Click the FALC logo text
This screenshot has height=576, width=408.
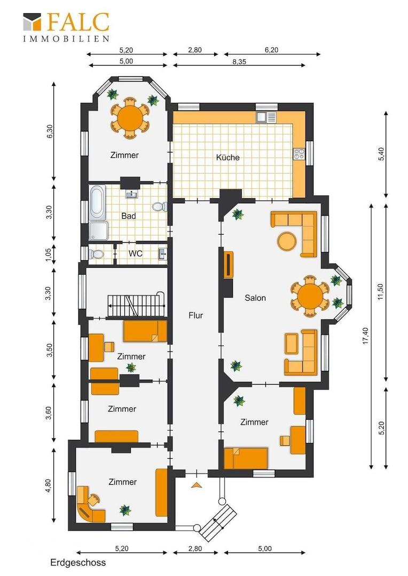(79, 22)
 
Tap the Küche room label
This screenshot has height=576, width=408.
(227, 157)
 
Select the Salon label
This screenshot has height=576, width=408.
(255, 298)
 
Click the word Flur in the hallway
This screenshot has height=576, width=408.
(195, 315)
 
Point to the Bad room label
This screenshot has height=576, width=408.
(128, 216)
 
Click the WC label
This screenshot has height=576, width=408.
(136, 253)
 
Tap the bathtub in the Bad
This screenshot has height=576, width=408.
(98, 201)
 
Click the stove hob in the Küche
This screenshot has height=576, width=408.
(299, 154)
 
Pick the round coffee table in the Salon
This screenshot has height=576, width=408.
(287, 242)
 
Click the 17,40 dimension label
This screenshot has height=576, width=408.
(365, 335)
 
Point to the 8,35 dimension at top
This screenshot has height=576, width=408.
(239, 62)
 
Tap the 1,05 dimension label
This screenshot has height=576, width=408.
(49, 254)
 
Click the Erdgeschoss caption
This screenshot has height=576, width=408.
(78, 563)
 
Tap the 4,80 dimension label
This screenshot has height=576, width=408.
(48, 485)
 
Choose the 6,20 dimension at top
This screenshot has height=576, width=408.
(271, 50)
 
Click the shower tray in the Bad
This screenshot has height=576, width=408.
(98, 231)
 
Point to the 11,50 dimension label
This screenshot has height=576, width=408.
(380, 291)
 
